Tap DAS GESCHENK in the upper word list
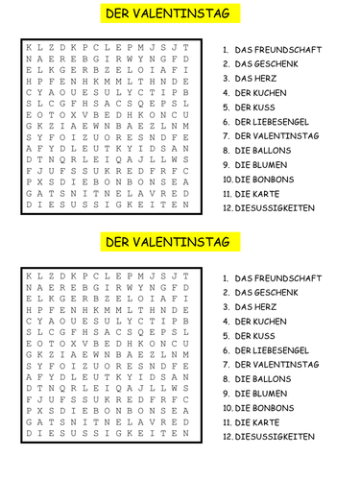[x=268, y=63]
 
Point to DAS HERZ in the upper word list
[x=256, y=78]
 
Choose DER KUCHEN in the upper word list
[x=262, y=92]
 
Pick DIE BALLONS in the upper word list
[x=264, y=151]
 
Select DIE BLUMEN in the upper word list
[x=262, y=165]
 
